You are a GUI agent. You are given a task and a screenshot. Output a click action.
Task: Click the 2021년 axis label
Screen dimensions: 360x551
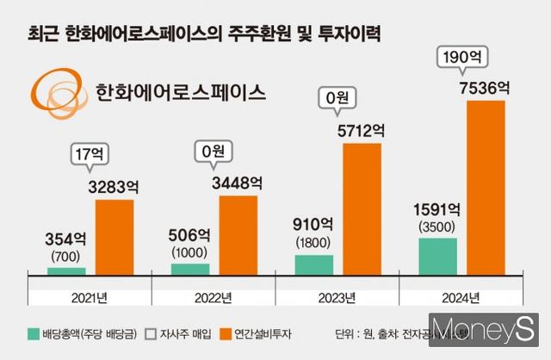(90, 298)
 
